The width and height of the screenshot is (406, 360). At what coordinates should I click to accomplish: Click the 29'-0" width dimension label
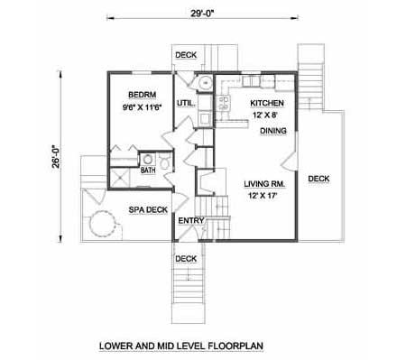pos(202,14)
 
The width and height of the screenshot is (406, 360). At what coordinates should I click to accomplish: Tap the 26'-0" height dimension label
pos(56,156)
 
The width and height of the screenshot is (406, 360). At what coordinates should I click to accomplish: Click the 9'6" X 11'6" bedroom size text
pos(143,107)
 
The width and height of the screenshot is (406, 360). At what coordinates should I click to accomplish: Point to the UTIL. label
pos(186,103)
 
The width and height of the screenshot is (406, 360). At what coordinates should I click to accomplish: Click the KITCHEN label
pos(267,103)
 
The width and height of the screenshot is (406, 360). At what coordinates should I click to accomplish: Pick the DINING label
pos(273,131)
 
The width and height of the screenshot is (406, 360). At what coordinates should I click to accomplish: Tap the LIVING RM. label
pos(264,184)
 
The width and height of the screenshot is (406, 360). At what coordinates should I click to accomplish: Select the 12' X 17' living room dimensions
pos(263,196)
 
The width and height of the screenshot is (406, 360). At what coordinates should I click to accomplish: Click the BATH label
pos(148,171)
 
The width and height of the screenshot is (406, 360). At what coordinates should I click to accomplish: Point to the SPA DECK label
pos(148,209)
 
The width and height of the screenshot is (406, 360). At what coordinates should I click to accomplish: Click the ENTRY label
pos(191,221)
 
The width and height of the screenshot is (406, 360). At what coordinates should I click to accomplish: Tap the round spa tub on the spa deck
pos(103,224)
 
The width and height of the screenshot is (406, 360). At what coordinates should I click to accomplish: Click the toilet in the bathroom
pos(165,162)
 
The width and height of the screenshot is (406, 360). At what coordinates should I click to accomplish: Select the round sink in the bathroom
pos(147,160)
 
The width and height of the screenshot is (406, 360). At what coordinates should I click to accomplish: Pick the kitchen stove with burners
pos(224,103)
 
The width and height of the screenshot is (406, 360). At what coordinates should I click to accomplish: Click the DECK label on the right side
pos(318,179)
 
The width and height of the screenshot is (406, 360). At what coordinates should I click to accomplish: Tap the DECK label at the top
pos(186,55)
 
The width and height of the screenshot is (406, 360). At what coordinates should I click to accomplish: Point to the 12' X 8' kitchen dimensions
pos(264,115)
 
